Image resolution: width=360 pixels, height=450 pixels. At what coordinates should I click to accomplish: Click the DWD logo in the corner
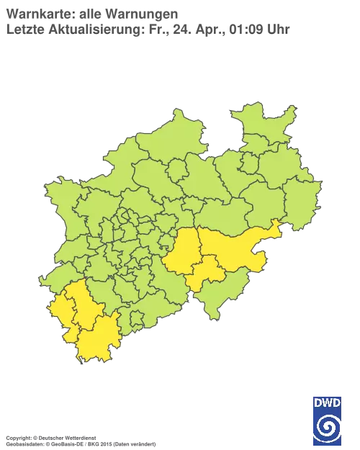328,420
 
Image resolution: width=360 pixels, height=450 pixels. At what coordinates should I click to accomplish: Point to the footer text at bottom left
79,438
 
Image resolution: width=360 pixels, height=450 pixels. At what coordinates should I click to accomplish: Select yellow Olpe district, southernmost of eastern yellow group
207,274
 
